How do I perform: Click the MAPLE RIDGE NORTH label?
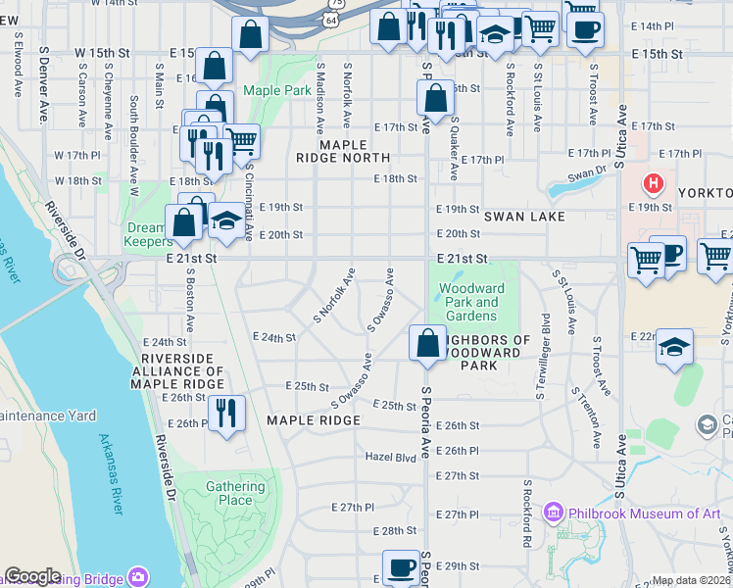[x=342, y=151]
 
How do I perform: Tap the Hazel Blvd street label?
[x=391, y=457]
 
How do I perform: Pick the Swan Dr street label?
[x=588, y=173]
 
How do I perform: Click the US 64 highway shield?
[x=332, y=19]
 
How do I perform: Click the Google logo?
[x=32, y=576]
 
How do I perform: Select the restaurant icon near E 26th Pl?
[x=226, y=413]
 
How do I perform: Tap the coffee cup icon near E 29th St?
[x=401, y=566]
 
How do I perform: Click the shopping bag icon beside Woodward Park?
[x=427, y=343]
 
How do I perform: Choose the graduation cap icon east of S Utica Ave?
[x=674, y=348]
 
